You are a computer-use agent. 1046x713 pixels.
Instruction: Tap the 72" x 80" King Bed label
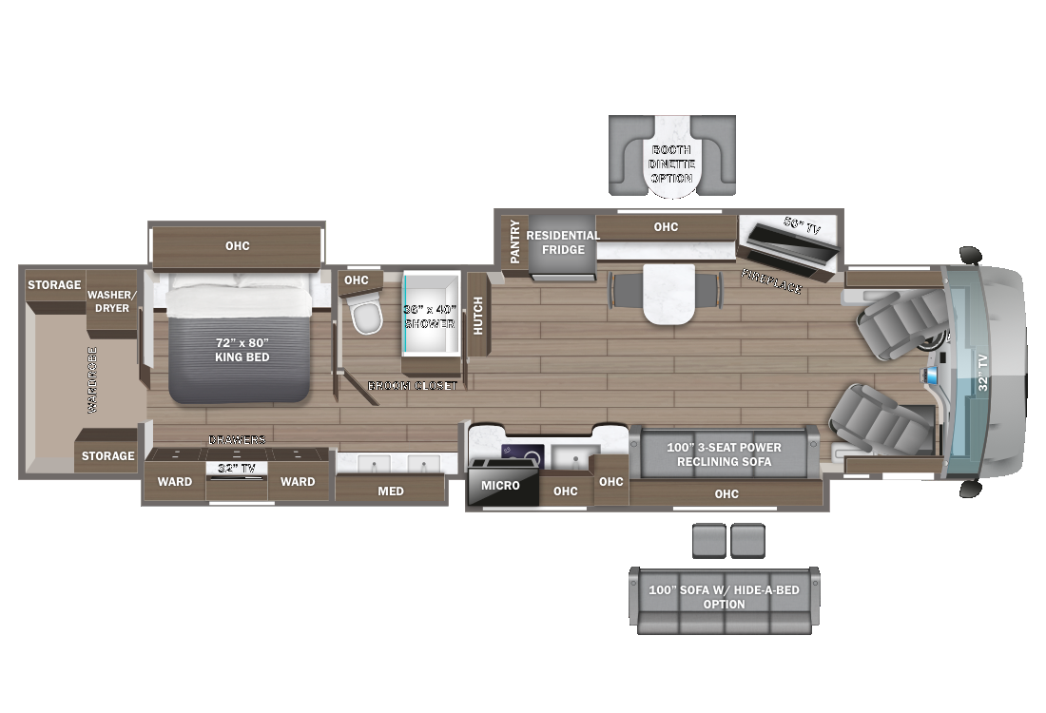coord(242,349)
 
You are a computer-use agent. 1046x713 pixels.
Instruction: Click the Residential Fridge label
coord(563,242)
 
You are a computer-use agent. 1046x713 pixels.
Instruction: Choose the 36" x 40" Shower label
coord(430,316)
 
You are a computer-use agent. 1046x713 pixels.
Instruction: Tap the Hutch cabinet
coord(477,314)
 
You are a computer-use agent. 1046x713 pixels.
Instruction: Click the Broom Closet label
coord(413,386)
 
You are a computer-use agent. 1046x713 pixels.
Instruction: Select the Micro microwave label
coord(500,486)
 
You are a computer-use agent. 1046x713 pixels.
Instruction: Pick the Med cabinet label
coord(391,491)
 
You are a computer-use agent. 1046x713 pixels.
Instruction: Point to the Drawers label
coord(237,439)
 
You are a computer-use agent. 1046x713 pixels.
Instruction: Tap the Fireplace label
coord(771,281)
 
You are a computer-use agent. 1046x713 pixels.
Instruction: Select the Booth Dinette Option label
coord(672,164)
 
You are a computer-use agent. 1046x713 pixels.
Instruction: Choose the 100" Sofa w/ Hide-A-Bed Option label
coord(724,597)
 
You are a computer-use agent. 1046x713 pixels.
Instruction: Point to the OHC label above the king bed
coord(237,246)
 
